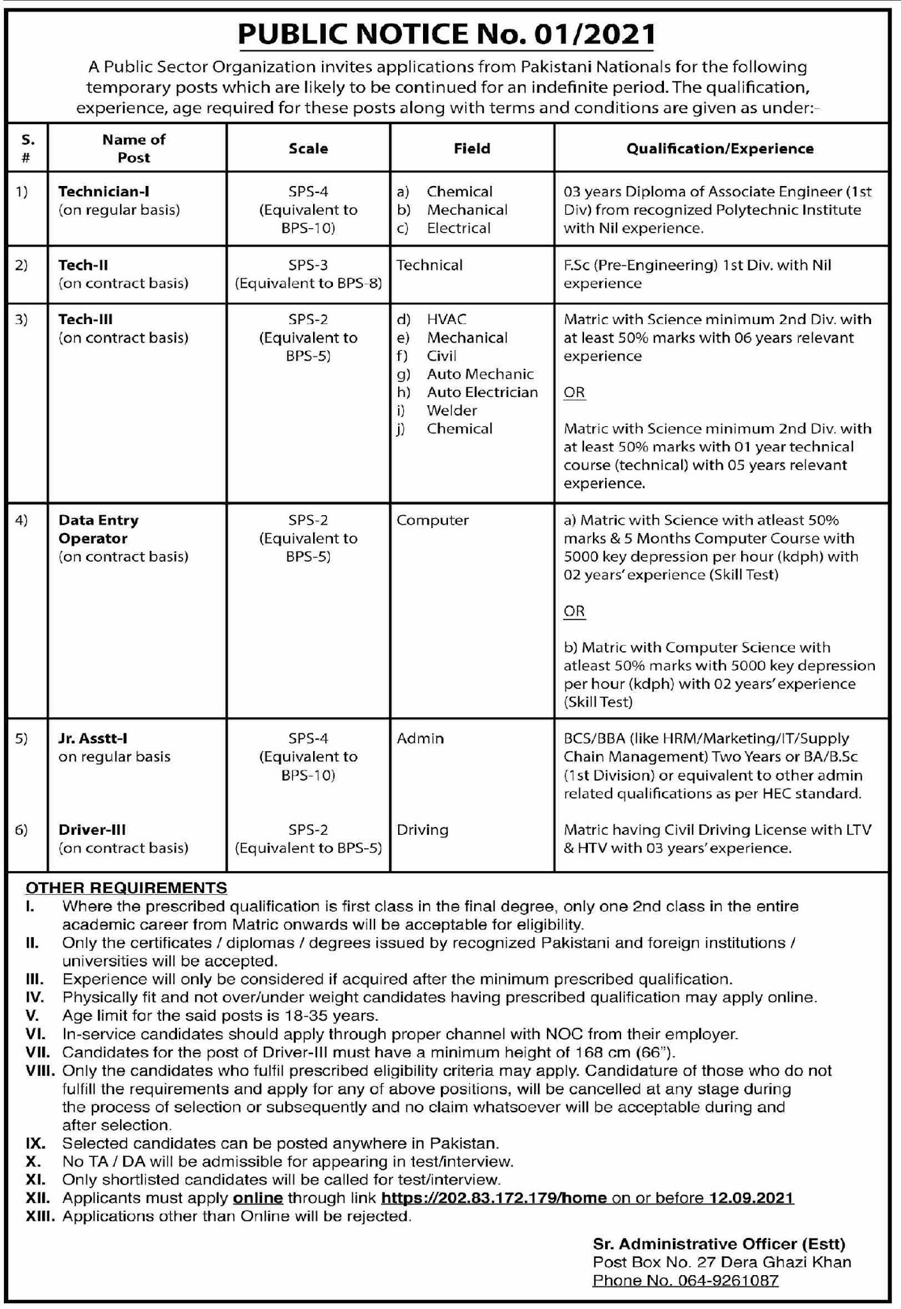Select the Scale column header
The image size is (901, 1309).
click(x=308, y=148)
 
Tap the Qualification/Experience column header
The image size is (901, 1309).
click(x=720, y=148)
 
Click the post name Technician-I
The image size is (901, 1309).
click(x=104, y=191)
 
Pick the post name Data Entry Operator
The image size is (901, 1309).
click(x=98, y=529)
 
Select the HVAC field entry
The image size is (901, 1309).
click(x=446, y=319)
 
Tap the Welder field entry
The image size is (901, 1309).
click(x=452, y=410)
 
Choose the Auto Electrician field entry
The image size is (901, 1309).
click(x=482, y=392)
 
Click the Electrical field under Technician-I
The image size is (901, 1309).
click(x=458, y=228)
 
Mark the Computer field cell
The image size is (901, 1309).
click(x=432, y=520)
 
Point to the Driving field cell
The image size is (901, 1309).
click(x=422, y=830)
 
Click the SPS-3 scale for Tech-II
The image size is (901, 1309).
click(x=308, y=265)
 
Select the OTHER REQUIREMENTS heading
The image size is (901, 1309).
click(x=126, y=887)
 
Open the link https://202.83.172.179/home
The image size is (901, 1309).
click(x=493, y=1197)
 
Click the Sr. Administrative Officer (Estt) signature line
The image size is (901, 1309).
click(x=719, y=1243)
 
